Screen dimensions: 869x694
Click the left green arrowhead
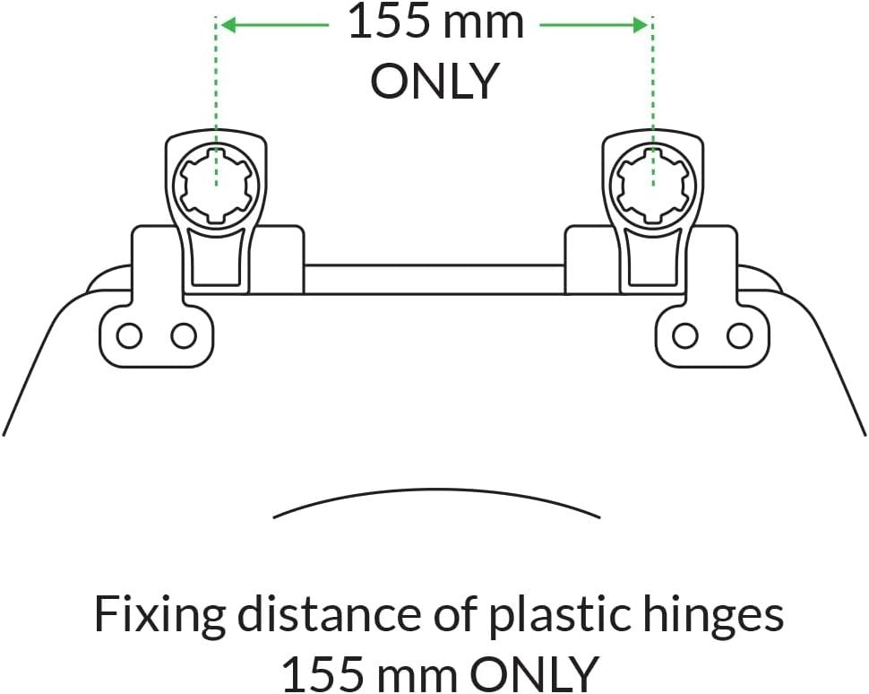(x=229, y=25)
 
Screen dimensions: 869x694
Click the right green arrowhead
(x=640, y=25)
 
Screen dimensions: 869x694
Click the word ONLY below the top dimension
(x=433, y=81)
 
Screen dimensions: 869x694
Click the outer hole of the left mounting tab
(x=129, y=336)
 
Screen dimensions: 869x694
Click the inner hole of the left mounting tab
(x=184, y=336)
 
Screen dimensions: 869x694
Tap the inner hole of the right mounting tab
(x=685, y=336)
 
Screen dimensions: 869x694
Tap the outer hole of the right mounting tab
(x=740, y=336)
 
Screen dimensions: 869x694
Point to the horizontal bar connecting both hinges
(x=434, y=279)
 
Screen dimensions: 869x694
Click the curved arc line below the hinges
(x=436, y=490)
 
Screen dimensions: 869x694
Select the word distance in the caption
(x=330, y=614)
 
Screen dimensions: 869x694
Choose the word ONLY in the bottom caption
(x=535, y=672)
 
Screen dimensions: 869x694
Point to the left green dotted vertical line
(x=216, y=101)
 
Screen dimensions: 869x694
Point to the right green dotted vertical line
(x=653, y=101)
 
